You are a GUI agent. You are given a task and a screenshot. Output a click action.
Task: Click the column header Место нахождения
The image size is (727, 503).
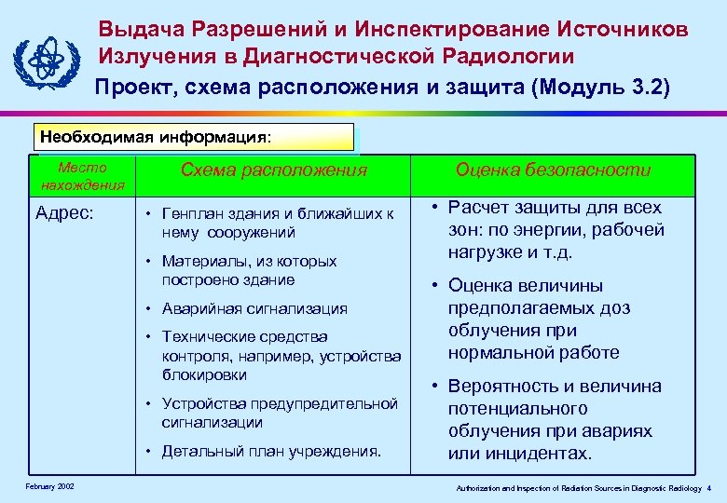83,175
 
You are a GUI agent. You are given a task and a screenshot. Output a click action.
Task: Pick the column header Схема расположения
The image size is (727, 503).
274,170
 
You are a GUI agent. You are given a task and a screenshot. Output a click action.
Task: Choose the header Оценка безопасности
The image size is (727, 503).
553,170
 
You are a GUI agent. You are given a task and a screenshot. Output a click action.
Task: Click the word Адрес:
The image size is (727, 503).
64,212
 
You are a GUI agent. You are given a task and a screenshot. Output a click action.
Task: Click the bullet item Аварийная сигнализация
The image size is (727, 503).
254,308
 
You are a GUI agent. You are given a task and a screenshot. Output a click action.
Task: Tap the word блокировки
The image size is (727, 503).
204,374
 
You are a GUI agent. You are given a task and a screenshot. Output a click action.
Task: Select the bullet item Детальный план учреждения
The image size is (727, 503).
271,452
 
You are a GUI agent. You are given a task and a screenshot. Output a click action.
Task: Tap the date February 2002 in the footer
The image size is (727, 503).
50,486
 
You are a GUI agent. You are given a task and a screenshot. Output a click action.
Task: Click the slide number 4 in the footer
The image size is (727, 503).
708,487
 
